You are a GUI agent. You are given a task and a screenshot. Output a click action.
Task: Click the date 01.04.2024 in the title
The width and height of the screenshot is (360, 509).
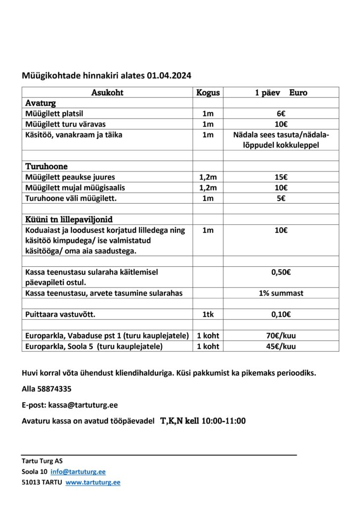[169, 76]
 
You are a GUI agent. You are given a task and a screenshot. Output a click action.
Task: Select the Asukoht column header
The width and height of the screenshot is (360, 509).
[107, 92]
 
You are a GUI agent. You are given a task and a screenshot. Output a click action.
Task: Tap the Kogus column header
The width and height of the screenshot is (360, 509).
[208, 92]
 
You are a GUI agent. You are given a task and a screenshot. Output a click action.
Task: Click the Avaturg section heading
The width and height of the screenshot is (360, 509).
[41, 103]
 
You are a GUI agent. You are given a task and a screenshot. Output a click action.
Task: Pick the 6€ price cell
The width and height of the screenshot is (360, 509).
[281, 114]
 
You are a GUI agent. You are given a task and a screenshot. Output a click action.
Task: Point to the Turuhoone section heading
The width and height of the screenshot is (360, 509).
[46, 167]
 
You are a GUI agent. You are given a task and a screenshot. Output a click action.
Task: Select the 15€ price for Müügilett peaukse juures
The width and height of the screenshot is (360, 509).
[281, 177]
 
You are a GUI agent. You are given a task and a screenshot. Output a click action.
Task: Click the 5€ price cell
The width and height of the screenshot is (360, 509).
[281, 198]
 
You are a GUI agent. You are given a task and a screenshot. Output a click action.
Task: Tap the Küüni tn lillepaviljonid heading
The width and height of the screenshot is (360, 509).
[72, 219]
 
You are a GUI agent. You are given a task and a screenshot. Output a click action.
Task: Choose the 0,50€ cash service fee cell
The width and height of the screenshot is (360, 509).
[281, 272]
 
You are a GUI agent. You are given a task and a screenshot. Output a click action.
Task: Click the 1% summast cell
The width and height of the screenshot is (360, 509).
[281, 293]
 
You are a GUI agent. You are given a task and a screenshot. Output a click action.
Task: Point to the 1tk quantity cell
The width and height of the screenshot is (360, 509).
[208, 314]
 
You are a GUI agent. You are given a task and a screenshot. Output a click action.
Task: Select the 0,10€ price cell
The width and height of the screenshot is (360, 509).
[281, 314]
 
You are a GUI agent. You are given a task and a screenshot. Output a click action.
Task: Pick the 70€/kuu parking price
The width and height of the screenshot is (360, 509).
[281, 336]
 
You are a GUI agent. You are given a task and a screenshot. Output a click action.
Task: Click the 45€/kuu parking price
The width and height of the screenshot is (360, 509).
[281, 346]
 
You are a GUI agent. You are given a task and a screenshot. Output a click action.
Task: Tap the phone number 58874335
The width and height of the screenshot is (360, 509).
[54, 389]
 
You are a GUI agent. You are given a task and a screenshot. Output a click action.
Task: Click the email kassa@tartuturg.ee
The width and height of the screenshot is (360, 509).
[83, 405]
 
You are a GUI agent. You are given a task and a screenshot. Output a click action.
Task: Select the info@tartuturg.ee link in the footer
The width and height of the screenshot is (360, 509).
[78, 471]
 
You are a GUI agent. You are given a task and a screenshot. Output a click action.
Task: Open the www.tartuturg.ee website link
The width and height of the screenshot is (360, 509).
[93, 482]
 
